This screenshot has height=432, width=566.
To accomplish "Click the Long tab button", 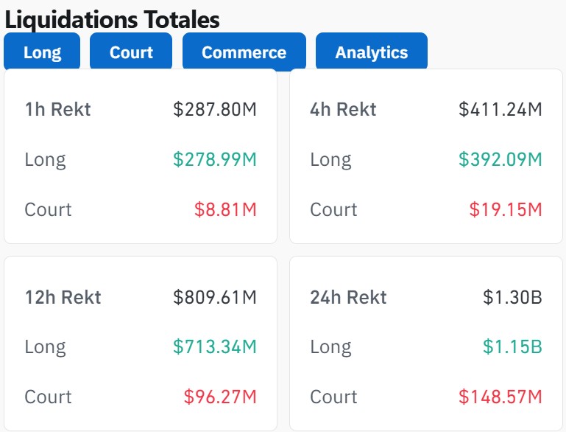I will (42, 52).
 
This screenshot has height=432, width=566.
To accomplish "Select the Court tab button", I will (131, 52).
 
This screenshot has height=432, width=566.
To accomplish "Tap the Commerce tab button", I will (244, 52).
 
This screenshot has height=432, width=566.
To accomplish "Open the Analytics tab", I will (371, 52).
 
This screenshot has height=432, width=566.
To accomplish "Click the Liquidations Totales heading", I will (112, 19).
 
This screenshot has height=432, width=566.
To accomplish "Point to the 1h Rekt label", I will (57, 110).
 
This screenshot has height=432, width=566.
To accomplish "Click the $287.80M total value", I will (215, 110).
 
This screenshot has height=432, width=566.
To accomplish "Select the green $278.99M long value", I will (215, 159).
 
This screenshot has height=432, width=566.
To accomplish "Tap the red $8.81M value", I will (225, 209).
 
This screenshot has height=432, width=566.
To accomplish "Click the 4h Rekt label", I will (343, 110).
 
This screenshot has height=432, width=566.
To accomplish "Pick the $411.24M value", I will (500, 110).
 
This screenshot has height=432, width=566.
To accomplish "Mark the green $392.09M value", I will (500, 159).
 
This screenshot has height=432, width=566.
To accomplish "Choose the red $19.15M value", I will (506, 209).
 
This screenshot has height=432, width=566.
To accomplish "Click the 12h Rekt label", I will (63, 297).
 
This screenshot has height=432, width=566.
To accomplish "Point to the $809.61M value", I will (215, 297).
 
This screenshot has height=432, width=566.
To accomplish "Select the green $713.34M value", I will (215, 346).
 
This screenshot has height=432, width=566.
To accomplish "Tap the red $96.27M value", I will (220, 397).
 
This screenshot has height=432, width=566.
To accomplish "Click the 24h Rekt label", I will (348, 297).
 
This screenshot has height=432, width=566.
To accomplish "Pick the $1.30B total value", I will (512, 297).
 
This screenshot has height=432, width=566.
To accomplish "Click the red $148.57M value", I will (500, 397).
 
